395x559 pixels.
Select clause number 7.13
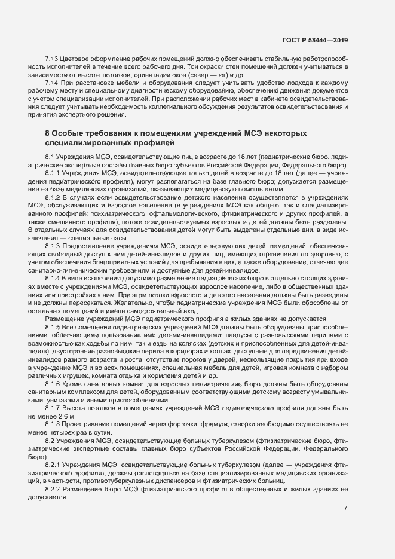coord(52,59)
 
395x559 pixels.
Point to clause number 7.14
coord(52,82)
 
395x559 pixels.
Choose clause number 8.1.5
coord(54,328)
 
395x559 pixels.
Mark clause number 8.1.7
coord(54,407)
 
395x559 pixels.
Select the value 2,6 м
coord(68,415)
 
